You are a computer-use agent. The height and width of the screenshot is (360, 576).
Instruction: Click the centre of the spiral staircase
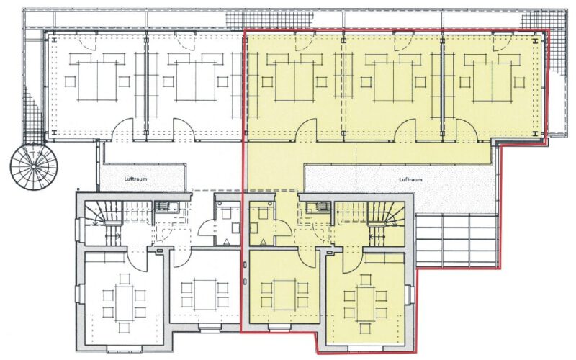(34, 167)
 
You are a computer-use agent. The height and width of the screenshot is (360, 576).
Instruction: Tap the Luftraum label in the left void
(135, 179)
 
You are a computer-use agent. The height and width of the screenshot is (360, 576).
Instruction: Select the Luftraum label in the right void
(410, 179)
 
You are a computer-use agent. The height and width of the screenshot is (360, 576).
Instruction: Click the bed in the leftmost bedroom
(97, 81)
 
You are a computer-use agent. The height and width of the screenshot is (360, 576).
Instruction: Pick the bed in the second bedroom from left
(195, 81)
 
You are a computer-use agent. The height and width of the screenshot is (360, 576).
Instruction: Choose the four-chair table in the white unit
(205, 294)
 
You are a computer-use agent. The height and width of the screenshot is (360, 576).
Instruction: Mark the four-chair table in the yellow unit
(284, 294)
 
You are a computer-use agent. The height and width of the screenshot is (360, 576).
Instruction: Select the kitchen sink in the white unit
(167, 207)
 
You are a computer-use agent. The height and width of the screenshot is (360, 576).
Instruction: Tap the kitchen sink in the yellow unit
(318, 207)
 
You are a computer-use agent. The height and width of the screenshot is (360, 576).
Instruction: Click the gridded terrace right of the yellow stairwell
(456, 240)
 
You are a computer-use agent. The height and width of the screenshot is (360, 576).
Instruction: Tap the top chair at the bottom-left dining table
(125, 279)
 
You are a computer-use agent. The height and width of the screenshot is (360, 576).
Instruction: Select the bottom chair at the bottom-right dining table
(365, 328)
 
